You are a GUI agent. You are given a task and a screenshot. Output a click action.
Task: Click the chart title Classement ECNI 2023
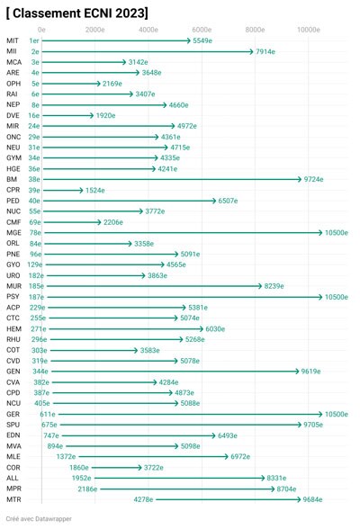click(76, 13)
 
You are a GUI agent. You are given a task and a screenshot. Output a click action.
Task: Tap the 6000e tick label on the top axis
click(202, 30)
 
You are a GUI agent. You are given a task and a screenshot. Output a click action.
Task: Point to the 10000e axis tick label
click(309, 30)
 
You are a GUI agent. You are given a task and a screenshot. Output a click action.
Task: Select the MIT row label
click(13, 40)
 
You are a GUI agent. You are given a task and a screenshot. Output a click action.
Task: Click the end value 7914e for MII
click(265, 51)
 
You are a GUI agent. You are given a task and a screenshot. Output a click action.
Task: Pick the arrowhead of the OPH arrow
click(98, 84)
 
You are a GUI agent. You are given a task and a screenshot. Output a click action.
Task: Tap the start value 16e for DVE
click(33, 115)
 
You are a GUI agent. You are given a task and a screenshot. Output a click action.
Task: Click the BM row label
click(12, 179)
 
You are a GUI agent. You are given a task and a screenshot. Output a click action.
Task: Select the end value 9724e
click(313, 179)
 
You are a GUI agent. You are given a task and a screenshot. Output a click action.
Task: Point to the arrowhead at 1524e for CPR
click(81, 191)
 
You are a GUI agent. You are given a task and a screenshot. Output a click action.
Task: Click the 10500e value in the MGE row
click(337, 233)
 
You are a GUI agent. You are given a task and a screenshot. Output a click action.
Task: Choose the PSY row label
click(13, 297)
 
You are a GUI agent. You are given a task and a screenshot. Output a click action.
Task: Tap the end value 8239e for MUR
click(274, 286)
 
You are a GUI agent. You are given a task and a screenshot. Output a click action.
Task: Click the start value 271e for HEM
click(39, 329)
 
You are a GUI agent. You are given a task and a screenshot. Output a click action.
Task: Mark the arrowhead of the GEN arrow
click(297, 372)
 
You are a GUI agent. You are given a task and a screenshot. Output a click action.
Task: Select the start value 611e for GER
click(48, 414)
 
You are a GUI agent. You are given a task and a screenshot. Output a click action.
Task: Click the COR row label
click(13, 468)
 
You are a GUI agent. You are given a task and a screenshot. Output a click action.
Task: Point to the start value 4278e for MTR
click(143, 499)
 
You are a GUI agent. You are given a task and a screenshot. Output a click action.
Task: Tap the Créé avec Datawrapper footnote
click(39, 519)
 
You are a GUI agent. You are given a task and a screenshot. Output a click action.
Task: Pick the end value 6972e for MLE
click(240, 457)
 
